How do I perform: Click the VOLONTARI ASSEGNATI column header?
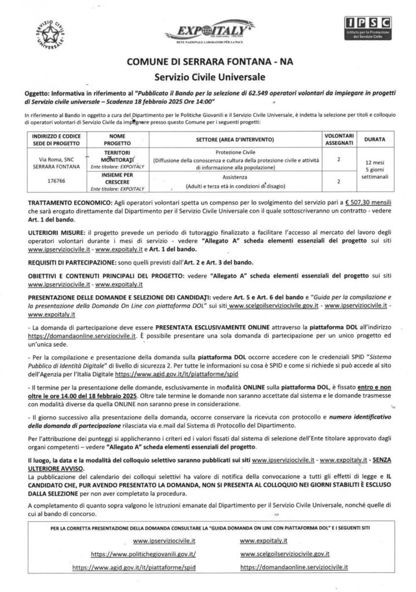click(x=341, y=139)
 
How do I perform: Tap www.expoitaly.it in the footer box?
click(x=263, y=540)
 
